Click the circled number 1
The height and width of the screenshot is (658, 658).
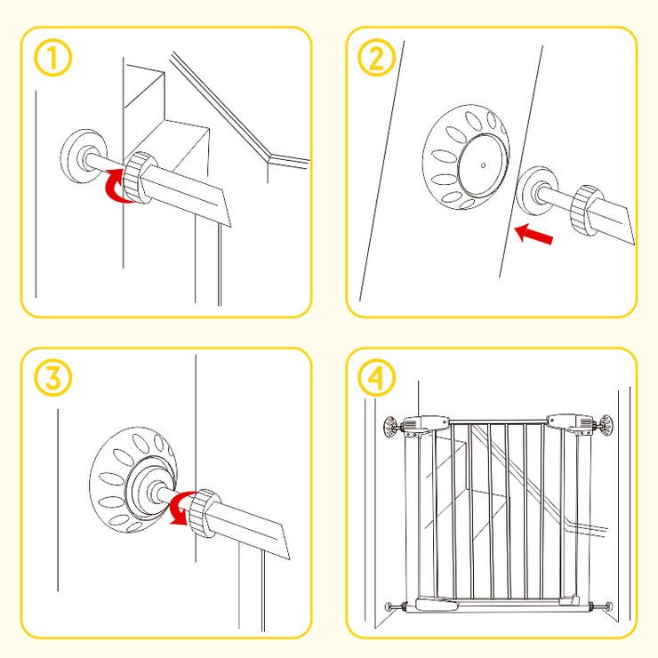coord(52,58)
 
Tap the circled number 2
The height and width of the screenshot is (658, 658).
coord(376,58)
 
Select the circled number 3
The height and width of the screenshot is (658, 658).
coord(52,378)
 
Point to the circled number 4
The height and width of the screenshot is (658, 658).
coord(376,378)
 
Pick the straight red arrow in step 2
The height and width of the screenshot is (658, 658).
coord(534,234)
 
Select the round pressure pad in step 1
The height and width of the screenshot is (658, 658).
coord(84,156)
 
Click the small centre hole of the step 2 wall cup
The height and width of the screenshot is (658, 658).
coord(484,165)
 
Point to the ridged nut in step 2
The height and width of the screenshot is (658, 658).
coord(588,209)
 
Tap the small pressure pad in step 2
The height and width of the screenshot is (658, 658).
coord(537,190)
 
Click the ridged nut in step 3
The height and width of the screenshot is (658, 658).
coord(204,513)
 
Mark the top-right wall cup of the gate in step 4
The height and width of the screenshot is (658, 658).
coord(606,426)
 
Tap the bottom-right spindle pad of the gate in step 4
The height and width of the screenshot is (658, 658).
coord(608,606)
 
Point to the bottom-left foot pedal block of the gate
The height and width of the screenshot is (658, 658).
coord(437,605)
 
